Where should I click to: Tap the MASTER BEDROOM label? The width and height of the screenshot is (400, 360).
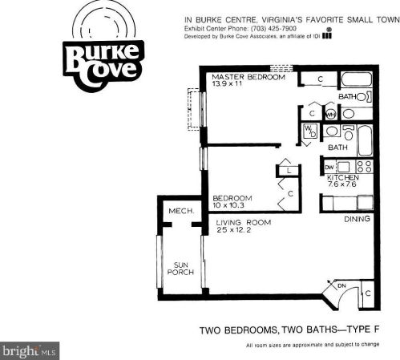[x=248, y=77]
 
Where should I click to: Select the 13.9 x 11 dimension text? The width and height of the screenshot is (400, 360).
[x=227, y=83]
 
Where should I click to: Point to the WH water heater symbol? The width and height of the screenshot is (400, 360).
[x=331, y=115]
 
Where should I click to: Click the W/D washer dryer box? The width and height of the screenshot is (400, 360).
[x=311, y=131]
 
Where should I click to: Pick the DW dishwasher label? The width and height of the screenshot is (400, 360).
[x=329, y=168]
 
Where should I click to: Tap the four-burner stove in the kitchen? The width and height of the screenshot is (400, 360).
[x=365, y=166]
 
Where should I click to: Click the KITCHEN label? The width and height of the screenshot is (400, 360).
[x=343, y=177]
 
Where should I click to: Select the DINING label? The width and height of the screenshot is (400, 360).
[x=357, y=219]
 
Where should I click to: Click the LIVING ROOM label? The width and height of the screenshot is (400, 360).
[x=244, y=222]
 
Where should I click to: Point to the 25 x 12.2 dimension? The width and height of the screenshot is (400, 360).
[x=234, y=230]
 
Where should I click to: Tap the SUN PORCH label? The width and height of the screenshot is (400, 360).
[x=180, y=269]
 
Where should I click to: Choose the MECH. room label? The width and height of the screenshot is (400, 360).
[x=181, y=211]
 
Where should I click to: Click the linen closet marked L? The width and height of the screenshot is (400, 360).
[x=289, y=171]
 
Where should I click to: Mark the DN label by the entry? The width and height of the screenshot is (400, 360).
[x=341, y=286]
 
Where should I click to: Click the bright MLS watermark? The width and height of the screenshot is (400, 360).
[x=30, y=350]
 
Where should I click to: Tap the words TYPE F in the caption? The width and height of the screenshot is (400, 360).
[x=362, y=330]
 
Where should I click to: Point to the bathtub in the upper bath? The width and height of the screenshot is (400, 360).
[x=357, y=79]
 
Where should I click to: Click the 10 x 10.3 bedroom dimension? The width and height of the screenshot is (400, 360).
[x=228, y=205]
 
